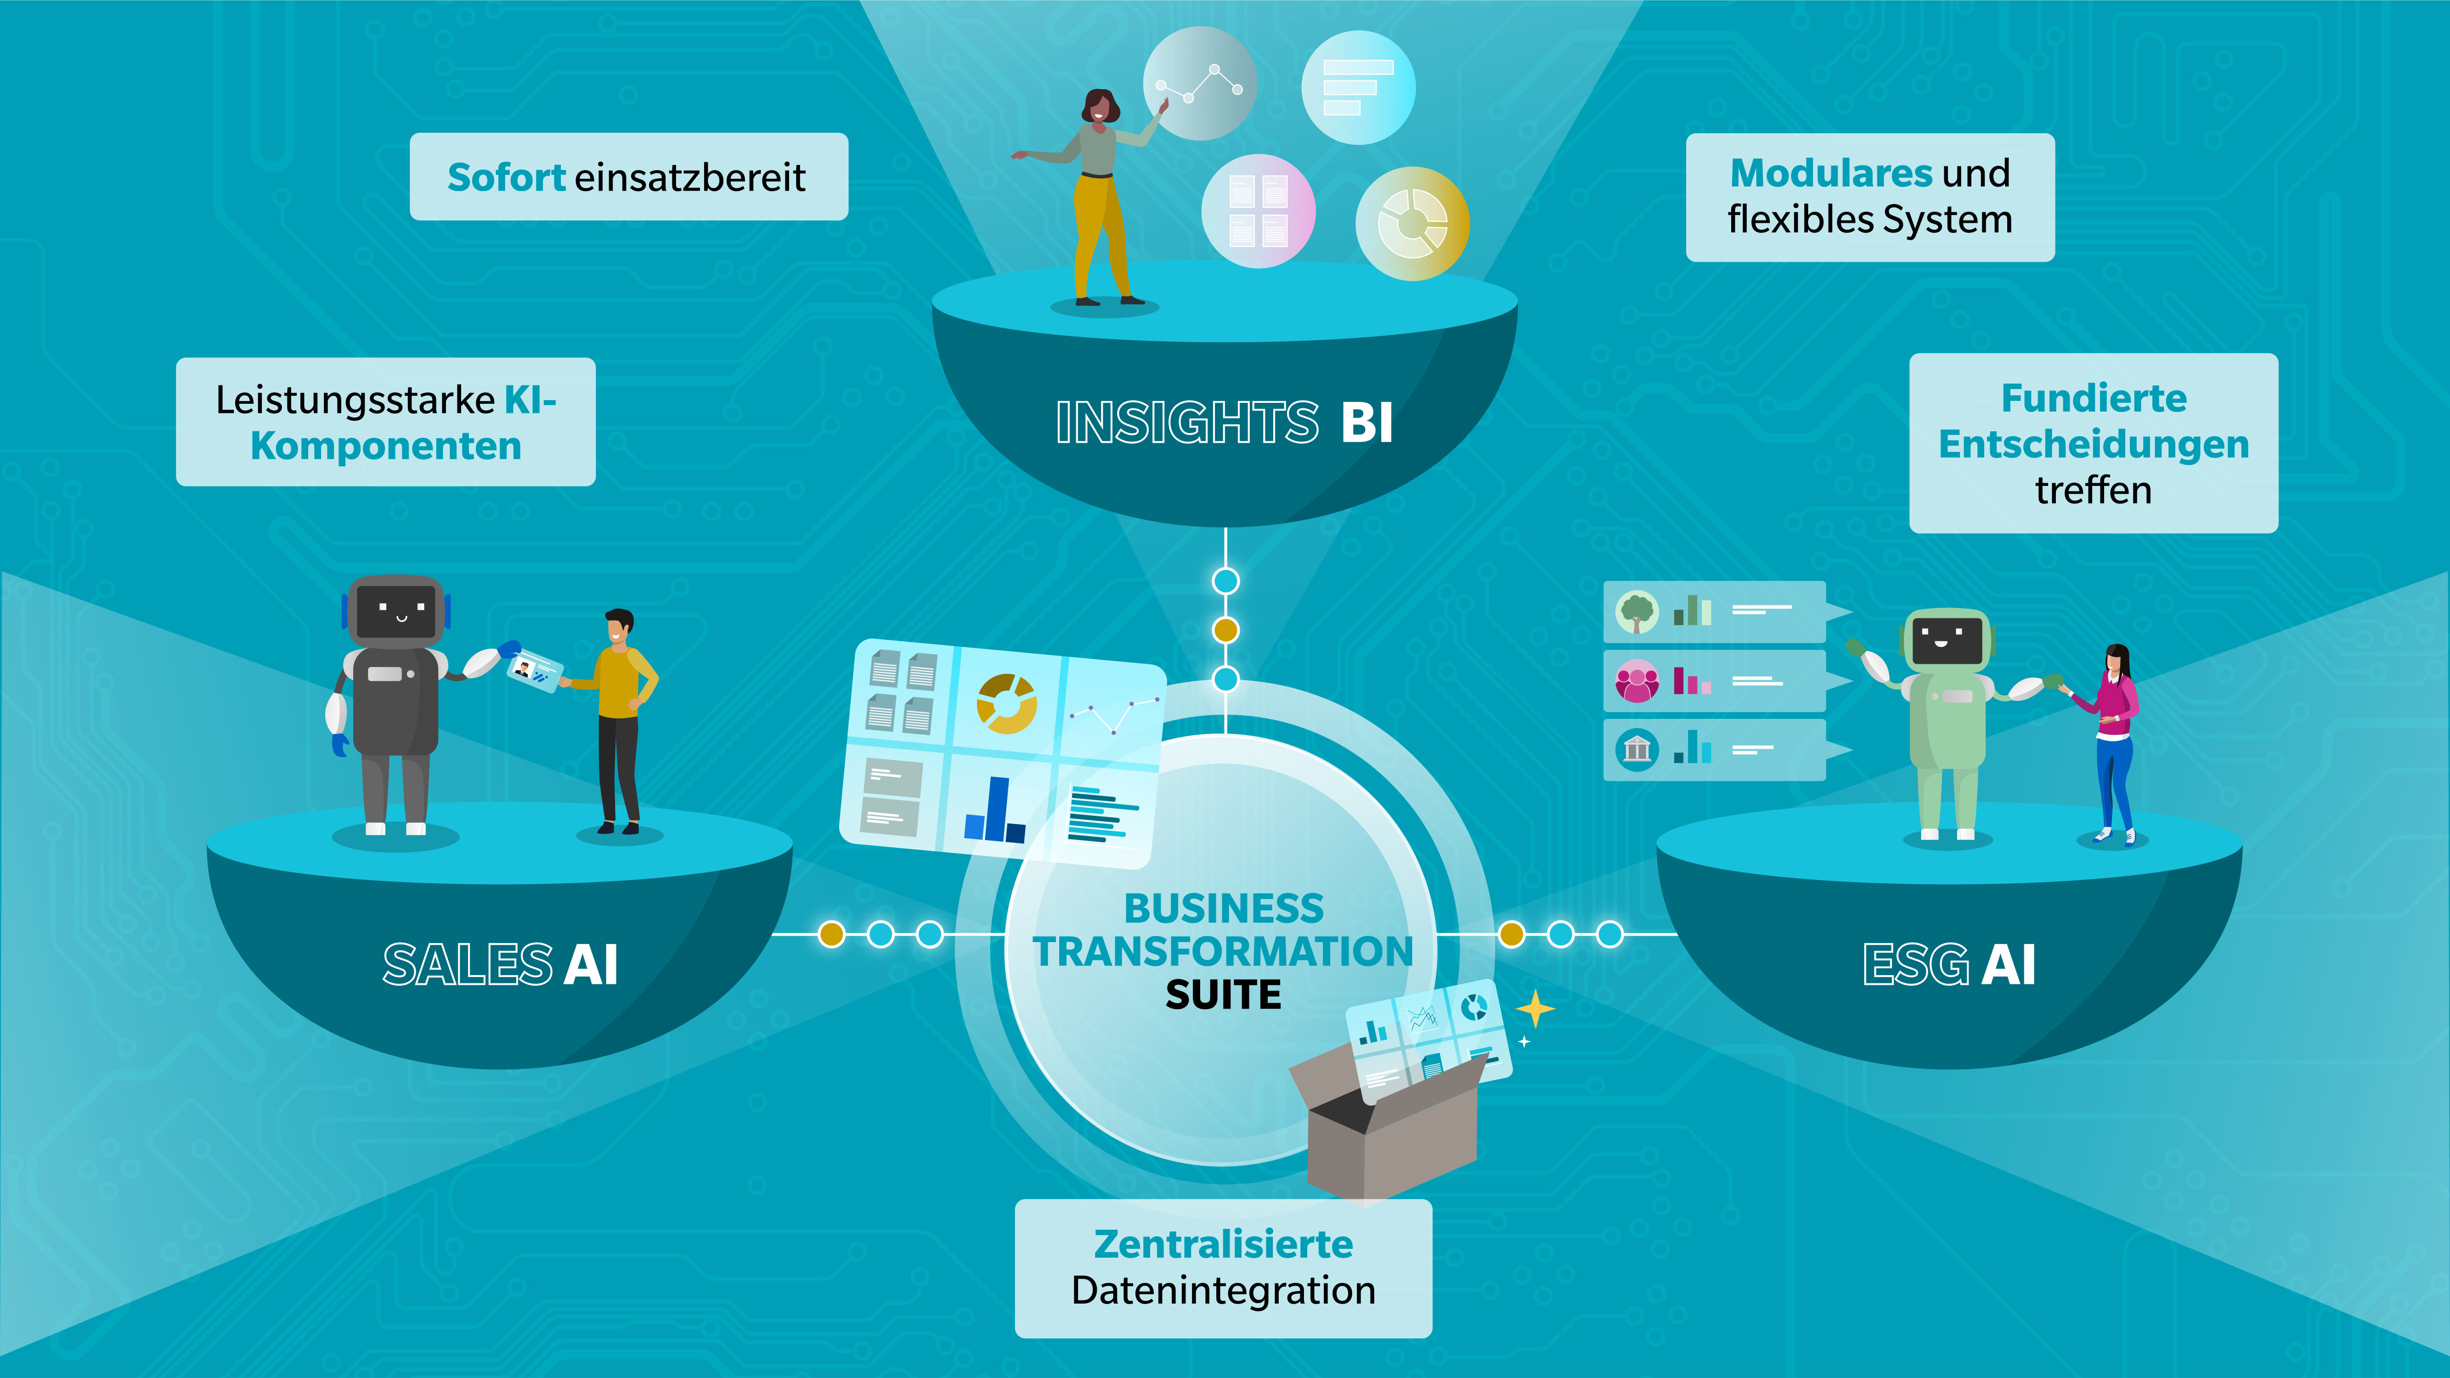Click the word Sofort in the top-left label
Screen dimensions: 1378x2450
point(506,178)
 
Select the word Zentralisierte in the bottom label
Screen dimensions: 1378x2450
point(1223,1244)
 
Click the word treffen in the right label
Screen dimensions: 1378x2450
point(2092,491)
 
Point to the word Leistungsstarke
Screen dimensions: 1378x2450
point(355,400)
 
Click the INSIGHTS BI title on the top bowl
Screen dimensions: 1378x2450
point(1224,422)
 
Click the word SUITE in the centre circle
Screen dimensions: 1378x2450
point(1223,995)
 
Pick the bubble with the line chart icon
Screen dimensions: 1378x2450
point(1199,84)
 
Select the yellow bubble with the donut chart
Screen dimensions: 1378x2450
point(1412,224)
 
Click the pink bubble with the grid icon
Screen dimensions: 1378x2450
point(1258,211)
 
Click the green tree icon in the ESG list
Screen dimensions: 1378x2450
point(1637,611)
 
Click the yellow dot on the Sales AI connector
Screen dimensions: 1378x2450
point(831,934)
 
